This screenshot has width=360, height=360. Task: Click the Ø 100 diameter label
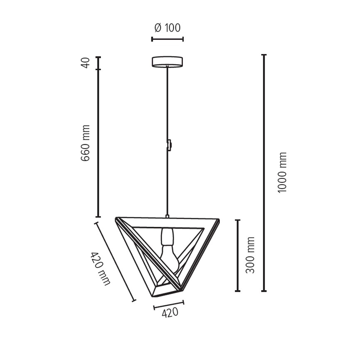167,28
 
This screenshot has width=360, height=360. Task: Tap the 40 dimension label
85,63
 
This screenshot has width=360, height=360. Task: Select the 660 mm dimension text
85,143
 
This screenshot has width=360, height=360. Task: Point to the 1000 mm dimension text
282,172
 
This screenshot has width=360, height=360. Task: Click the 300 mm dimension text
250,255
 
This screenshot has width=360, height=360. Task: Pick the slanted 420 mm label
100,269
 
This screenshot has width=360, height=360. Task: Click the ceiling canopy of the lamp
167,61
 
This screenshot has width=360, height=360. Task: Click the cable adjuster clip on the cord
169,144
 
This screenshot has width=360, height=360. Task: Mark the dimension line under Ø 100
167,39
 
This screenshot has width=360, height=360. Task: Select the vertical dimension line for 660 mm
98,143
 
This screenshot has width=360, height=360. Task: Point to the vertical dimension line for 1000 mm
264,172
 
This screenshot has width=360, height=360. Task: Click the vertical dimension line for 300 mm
238,255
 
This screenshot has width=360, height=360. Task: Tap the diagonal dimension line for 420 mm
115,262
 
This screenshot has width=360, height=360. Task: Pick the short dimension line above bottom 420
168,305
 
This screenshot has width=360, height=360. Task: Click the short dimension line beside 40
98,63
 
